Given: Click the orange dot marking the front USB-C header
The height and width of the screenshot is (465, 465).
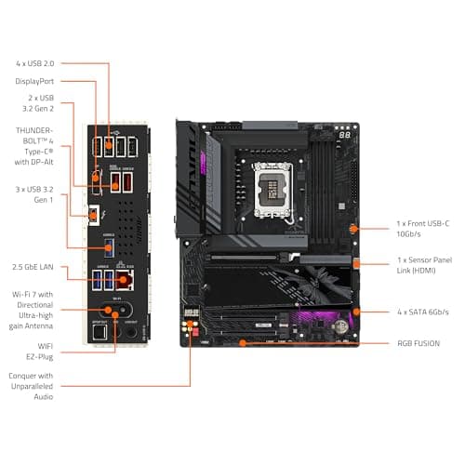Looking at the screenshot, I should coord(353,227).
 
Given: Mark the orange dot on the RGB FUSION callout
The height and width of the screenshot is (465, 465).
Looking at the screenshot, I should coord(244,342).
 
